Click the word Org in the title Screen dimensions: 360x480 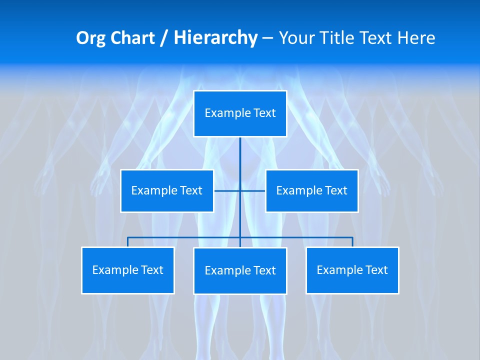[x=90, y=38]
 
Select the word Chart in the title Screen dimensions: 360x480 [x=131, y=38]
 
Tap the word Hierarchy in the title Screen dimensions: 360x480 [x=215, y=38]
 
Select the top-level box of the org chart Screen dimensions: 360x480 [x=240, y=113]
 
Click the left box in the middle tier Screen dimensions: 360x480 [x=167, y=191]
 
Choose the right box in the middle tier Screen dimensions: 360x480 [x=311, y=191]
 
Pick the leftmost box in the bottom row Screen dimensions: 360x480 [x=128, y=270]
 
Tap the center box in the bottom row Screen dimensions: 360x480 [x=240, y=271]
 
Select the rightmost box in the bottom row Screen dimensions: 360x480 [x=352, y=270]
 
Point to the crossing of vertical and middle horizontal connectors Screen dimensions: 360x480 [x=240, y=191]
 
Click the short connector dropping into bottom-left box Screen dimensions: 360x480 [x=128, y=242]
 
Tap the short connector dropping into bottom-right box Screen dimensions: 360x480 [x=352, y=242]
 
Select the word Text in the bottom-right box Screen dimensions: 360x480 [x=377, y=270]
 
